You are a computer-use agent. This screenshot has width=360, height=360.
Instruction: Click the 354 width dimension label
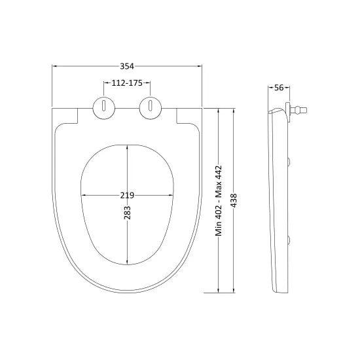click(x=127, y=66)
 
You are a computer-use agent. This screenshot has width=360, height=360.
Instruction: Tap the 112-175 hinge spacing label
click(x=127, y=83)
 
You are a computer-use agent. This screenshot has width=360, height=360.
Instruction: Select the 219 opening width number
click(x=127, y=196)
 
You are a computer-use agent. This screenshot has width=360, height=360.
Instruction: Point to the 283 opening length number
click(x=127, y=212)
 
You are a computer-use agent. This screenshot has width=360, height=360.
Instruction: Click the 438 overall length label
click(x=234, y=200)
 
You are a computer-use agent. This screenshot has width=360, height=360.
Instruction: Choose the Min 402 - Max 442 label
click(x=219, y=200)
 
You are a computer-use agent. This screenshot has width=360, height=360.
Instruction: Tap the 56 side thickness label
click(x=279, y=88)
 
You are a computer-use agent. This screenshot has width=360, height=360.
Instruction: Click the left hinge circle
click(x=104, y=108)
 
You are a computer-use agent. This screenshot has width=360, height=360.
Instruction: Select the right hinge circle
click(x=151, y=108)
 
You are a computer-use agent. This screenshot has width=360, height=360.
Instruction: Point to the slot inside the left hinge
click(x=104, y=105)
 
